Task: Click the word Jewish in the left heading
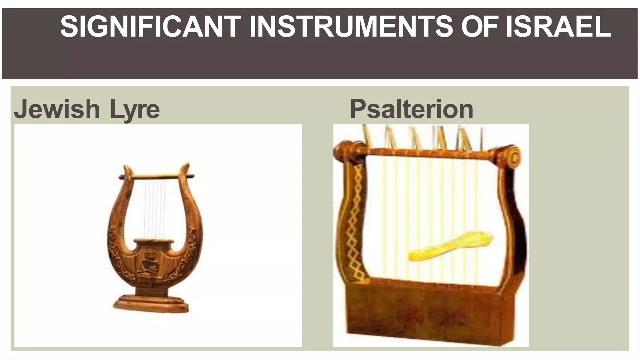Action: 57,109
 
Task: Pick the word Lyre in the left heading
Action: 135,110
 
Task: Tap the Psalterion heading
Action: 411,109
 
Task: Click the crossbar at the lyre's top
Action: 156,177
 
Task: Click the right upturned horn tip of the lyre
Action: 186,169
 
